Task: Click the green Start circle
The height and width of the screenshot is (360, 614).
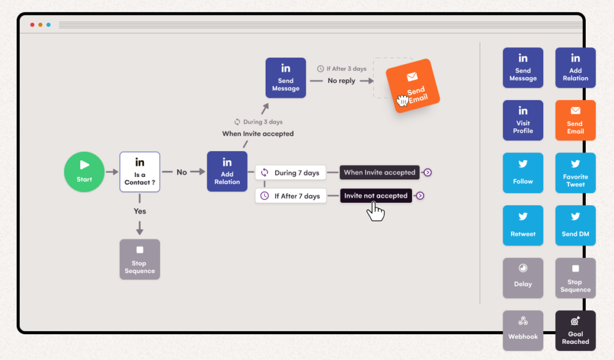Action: coord(84,172)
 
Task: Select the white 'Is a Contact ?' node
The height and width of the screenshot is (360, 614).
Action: coord(140,172)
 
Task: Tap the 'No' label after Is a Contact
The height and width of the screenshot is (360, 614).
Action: coord(182,172)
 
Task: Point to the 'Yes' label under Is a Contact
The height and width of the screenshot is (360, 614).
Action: coord(140,211)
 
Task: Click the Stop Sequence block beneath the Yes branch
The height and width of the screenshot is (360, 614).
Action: coord(140,259)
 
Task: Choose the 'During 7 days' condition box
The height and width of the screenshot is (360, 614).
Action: coord(290,173)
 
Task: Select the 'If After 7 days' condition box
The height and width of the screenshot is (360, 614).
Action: coord(290,196)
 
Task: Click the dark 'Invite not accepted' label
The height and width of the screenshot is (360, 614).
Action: coord(376,196)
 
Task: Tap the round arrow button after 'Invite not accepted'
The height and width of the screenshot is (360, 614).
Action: coord(420,196)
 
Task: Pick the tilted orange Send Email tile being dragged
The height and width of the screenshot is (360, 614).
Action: coord(413,86)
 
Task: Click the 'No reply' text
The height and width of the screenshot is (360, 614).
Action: coord(341,80)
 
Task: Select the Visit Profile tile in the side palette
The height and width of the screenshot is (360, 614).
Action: coord(523,120)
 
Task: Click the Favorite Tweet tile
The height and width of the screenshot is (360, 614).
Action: coord(576,173)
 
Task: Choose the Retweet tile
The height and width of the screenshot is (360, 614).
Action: coord(523,226)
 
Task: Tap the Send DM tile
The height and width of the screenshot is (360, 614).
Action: coord(576,226)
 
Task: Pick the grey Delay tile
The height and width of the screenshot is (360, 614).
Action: coord(523,278)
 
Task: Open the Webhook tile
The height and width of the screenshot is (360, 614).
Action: coord(523,330)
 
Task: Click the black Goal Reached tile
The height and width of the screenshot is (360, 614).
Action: coord(576,330)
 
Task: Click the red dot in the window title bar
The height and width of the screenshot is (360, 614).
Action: coord(32,25)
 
